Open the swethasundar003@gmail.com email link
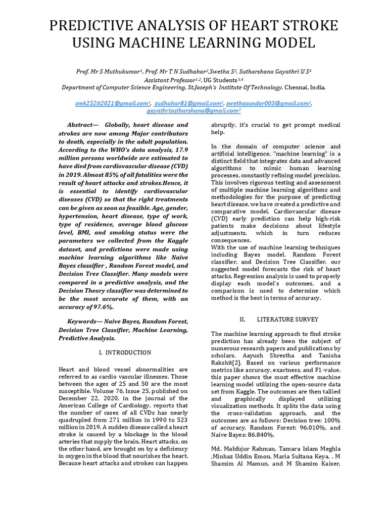click(x=268, y=103)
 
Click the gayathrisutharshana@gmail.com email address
click(x=193, y=110)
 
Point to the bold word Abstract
click(x=81, y=125)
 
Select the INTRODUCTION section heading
click(x=128, y=352)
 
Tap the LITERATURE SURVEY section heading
click(x=287, y=319)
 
